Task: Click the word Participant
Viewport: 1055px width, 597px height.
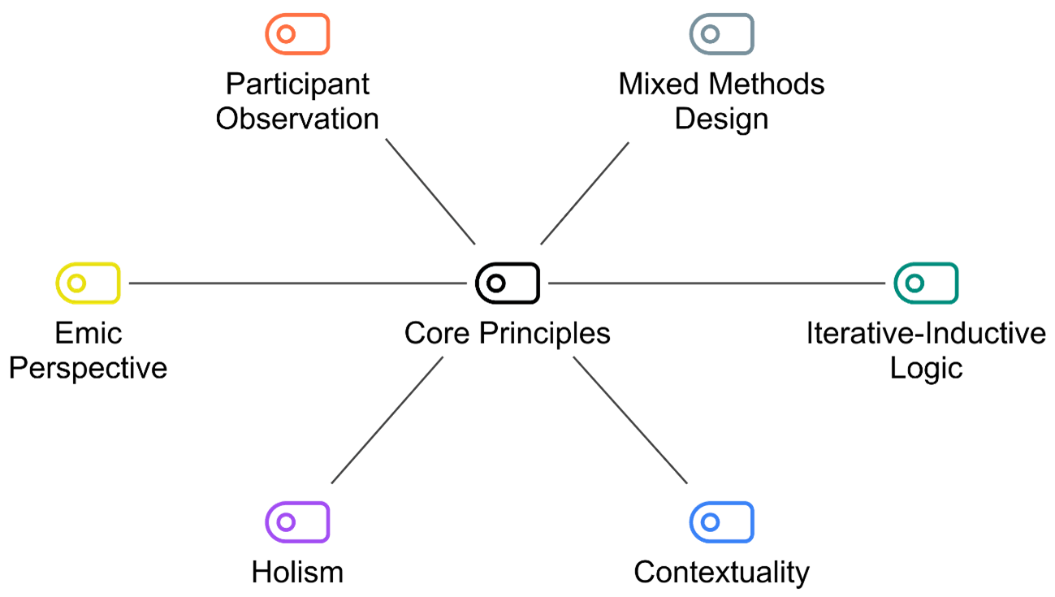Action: pyautogui.click(x=298, y=84)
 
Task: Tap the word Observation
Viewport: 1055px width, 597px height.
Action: pyautogui.click(x=298, y=119)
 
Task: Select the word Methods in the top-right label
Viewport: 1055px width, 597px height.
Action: pyautogui.click(x=767, y=84)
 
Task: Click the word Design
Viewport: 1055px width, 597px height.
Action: pyautogui.click(x=721, y=119)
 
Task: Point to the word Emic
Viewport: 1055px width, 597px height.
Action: pyautogui.click(x=89, y=333)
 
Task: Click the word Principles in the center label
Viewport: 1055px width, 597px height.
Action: pyautogui.click(x=545, y=334)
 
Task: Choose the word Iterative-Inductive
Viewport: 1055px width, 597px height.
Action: pyautogui.click(x=926, y=333)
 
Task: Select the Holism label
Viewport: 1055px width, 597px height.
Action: pyautogui.click(x=298, y=573)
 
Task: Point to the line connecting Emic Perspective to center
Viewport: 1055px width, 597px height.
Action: pyautogui.click(x=298, y=283)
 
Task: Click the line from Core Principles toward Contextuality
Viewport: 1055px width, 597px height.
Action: pyautogui.click(x=630, y=420)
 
